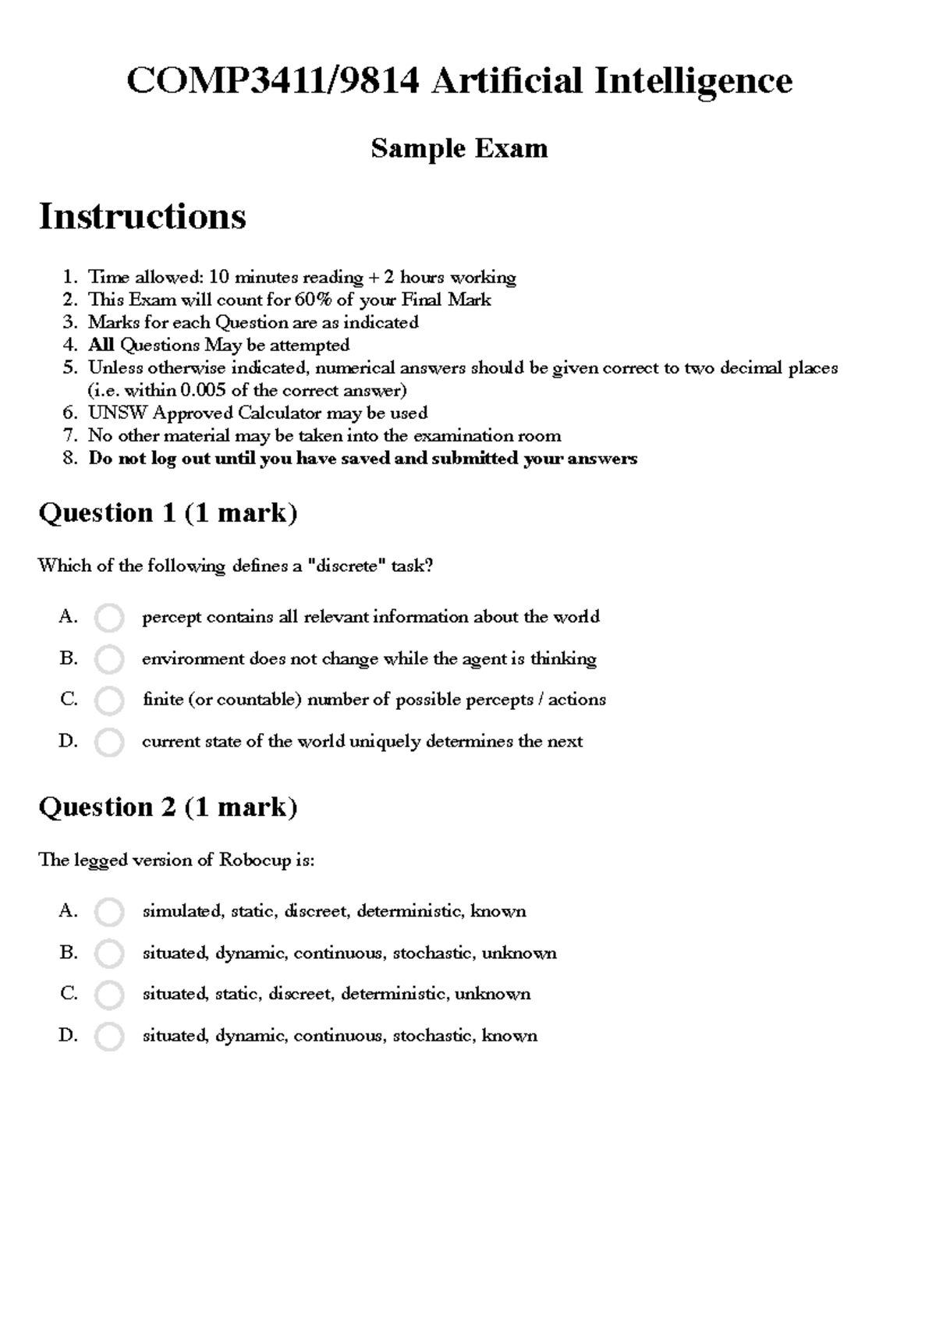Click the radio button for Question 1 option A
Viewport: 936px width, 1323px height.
pyautogui.click(x=108, y=618)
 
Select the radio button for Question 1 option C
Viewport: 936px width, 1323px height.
pyautogui.click(x=108, y=701)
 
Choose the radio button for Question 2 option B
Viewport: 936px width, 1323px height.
pyautogui.click(x=108, y=953)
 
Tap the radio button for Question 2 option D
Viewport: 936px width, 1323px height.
pyautogui.click(x=108, y=1037)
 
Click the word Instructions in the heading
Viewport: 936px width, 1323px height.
pyautogui.click(x=142, y=216)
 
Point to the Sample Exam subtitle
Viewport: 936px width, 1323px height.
pyautogui.click(x=459, y=148)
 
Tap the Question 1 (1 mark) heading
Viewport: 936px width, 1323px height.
pyautogui.click(x=168, y=513)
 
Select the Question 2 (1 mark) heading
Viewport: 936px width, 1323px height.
pyautogui.click(x=168, y=807)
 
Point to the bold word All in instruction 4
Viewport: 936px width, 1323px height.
pyautogui.click(x=101, y=345)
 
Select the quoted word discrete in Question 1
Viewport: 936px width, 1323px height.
pyautogui.click(x=347, y=566)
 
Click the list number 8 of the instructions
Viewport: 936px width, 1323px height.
pyautogui.click(x=69, y=459)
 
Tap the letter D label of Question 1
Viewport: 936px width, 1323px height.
pyautogui.click(x=68, y=741)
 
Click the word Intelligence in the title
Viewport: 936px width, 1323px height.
pyautogui.click(x=693, y=80)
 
